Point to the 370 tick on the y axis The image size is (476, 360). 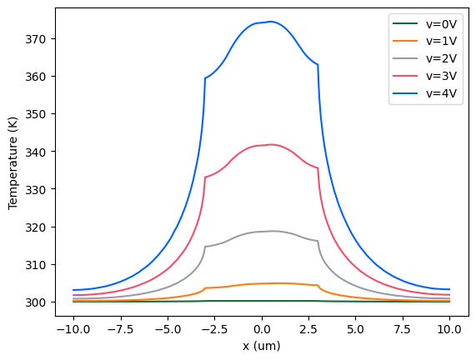[40, 38]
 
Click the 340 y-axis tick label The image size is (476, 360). [40, 152]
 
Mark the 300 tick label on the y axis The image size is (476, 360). [40, 302]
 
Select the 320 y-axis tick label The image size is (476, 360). [40, 227]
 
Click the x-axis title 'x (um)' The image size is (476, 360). [262, 346]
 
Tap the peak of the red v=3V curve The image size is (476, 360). [271, 144]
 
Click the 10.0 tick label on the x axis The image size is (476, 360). [450, 329]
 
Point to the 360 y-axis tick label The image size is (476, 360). [40, 76]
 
